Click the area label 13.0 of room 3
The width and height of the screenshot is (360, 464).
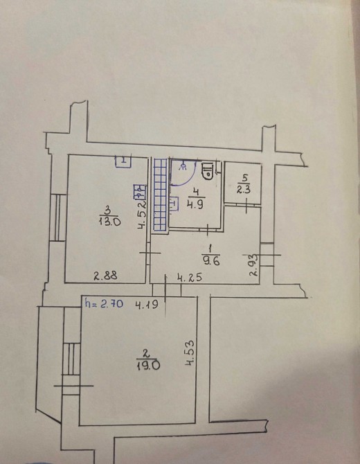110,222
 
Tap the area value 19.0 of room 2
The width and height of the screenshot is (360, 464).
148,366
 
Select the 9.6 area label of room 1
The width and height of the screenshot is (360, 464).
211,261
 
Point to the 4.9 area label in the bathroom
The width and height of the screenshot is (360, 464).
195,204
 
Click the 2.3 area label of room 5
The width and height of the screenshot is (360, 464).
244,189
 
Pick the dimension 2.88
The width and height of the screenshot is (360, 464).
106,276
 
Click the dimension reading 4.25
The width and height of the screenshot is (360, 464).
190,278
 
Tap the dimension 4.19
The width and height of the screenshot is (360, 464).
147,304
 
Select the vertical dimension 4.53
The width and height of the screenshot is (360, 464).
190,353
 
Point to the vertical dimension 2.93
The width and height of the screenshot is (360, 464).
254,265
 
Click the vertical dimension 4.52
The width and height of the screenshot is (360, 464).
143,215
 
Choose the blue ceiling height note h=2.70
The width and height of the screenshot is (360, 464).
104,303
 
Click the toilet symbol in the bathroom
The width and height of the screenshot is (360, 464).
208,170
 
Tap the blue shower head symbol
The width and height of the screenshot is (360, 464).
183,166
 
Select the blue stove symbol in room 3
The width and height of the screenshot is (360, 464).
140,192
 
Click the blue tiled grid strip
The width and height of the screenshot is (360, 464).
161,195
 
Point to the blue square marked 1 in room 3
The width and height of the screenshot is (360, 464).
123,161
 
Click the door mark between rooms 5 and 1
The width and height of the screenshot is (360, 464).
247,206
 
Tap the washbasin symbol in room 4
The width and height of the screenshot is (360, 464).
174,204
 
